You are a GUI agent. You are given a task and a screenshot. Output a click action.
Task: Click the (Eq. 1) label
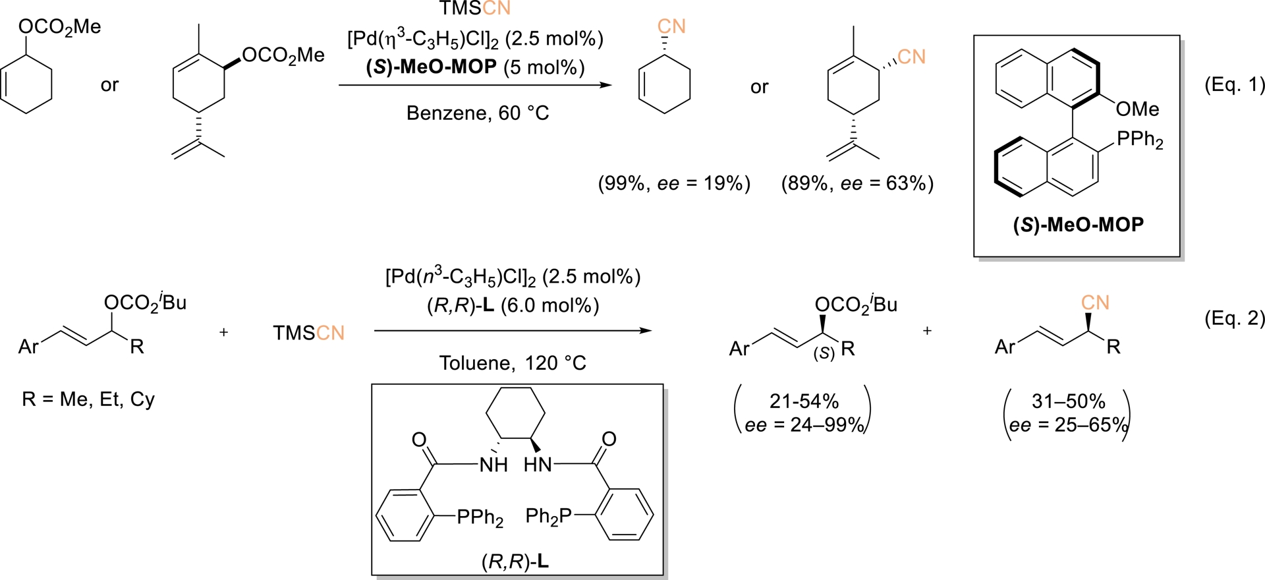pos(1234,84)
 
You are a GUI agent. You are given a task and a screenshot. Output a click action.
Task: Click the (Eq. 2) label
pos(1234,318)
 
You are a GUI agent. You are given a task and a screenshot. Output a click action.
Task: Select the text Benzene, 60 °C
pos(477,113)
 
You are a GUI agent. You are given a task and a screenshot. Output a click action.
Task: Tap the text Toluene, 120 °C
pos(512,363)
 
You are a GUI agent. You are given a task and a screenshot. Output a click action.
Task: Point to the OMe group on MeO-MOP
pos(1137,109)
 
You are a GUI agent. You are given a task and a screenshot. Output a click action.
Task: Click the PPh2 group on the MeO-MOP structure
pos(1140,140)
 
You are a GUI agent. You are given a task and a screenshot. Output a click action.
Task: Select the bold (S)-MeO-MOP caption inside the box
pos(1078,225)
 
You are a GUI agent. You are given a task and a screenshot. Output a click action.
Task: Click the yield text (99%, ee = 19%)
pos(674,183)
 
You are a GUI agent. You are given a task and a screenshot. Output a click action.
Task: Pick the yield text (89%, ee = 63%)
pos(857,183)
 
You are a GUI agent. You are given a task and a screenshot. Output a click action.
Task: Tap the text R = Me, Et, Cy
pos(88,399)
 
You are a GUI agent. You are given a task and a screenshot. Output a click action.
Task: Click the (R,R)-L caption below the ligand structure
pos(515,562)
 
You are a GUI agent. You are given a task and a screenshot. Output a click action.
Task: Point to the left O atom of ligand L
pos(419,440)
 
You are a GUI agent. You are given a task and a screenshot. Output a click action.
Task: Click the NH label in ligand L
pos(493,465)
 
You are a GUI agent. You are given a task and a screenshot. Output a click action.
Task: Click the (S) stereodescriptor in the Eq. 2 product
pos(824,354)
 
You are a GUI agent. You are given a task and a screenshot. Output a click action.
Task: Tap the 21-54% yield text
pos(804,401)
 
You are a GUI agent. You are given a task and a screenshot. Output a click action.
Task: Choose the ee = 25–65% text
pos(1067,425)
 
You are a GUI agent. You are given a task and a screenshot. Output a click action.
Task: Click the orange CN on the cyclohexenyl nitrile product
pos(671,26)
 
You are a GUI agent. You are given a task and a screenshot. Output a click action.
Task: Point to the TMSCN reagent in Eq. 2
pos(308,333)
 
